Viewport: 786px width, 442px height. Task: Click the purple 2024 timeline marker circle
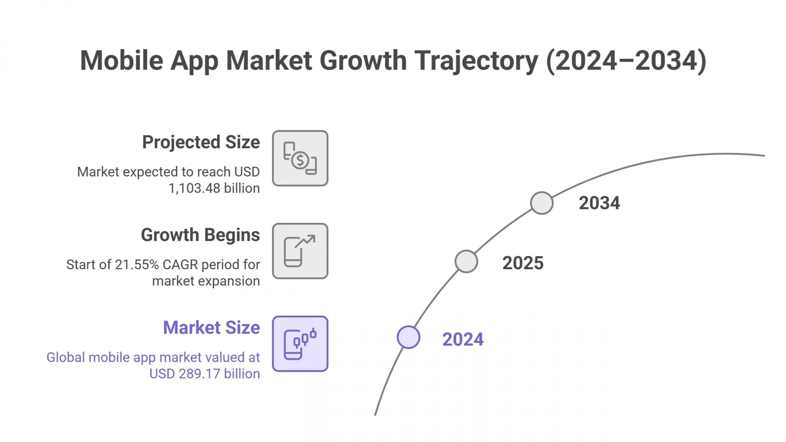coord(408,337)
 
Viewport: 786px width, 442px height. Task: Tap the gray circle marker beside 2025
coord(466,261)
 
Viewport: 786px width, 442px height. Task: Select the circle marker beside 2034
coord(542,203)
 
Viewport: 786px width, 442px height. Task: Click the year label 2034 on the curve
coord(599,203)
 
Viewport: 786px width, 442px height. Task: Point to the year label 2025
coord(523,263)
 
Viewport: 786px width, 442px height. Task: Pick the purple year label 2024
coord(463,339)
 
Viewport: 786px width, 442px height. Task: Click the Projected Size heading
coord(201,142)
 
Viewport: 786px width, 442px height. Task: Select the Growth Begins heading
coord(200,235)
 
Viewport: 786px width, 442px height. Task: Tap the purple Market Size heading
coord(211,328)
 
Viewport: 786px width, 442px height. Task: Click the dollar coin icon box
coord(300,158)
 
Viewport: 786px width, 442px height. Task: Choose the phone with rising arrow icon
coord(300,251)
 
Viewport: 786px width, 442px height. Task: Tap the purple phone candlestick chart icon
coord(300,344)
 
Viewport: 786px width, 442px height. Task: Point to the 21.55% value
coord(137,265)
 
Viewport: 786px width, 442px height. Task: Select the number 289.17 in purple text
coord(199,374)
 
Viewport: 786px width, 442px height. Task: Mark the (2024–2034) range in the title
coord(626,60)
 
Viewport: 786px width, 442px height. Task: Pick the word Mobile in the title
coord(121,60)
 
